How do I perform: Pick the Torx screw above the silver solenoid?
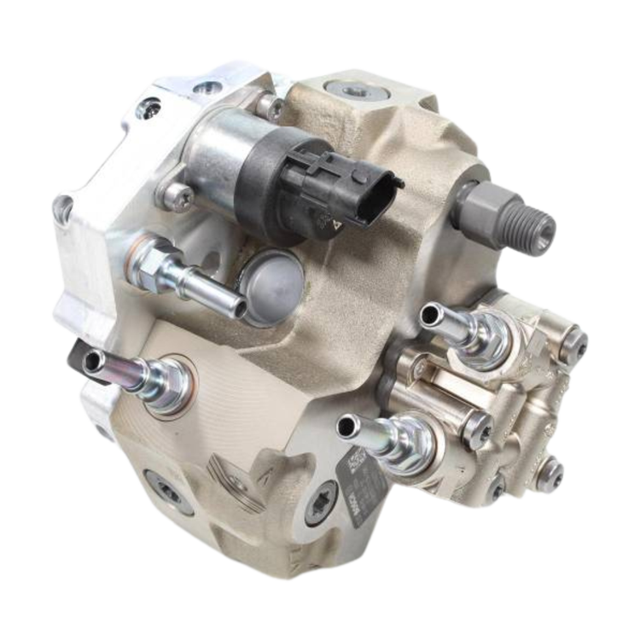click(272, 107)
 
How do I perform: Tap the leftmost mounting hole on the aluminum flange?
click(62, 207)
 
